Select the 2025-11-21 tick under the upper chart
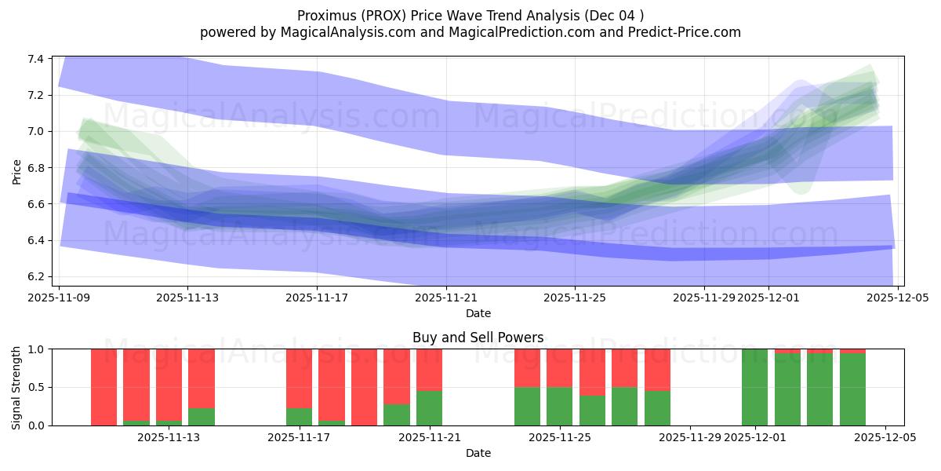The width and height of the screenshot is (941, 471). pyautogui.click(x=446, y=298)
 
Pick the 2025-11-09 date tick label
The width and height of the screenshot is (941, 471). pyautogui.click(x=60, y=298)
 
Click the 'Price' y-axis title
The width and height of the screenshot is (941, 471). pyautogui.click(x=17, y=170)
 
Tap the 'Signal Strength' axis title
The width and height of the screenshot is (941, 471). pyautogui.click(x=17, y=387)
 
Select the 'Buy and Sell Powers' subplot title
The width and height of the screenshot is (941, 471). pyautogui.click(x=478, y=338)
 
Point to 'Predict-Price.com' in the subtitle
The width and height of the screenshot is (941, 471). pyautogui.click(x=688, y=32)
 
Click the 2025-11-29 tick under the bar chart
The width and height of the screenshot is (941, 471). pyautogui.click(x=689, y=437)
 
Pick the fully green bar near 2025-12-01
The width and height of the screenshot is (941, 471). pyautogui.click(x=754, y=387)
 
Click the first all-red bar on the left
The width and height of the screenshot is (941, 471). pyautogui.click(x=104, y=387)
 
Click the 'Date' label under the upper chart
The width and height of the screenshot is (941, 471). pyautogui.click(x=478, y=313)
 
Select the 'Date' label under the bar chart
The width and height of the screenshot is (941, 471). pyautogui.click(x=478, y=453)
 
